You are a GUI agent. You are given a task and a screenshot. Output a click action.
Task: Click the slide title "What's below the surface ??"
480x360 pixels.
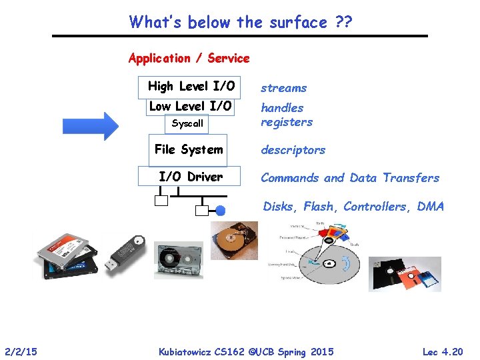(241, 22)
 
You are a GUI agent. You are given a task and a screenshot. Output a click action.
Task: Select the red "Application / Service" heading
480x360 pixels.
(189, 58)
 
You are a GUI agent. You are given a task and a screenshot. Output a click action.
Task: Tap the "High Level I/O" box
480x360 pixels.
(191, 86)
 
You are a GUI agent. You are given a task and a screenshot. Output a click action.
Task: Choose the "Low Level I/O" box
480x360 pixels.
(191, 107)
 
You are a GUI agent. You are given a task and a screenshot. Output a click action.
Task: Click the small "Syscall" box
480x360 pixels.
(187, 124)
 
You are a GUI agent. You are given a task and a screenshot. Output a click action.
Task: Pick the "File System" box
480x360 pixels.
(189, 150)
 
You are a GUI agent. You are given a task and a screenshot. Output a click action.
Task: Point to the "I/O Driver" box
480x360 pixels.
(191, 177)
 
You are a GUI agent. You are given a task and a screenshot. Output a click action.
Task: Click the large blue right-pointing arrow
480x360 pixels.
(91, 125)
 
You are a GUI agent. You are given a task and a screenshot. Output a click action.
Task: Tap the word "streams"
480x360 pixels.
(283, 88)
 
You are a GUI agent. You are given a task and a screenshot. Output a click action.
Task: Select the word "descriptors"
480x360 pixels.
(293, 150)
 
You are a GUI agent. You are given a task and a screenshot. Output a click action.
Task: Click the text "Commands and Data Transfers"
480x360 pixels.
(350, 178)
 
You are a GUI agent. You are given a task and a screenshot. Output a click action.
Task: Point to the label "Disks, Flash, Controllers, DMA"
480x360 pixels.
(353, 207)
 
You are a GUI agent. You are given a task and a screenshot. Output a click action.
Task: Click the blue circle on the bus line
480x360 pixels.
(221, 211)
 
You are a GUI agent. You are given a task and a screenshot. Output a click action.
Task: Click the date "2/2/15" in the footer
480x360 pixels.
(21, 351)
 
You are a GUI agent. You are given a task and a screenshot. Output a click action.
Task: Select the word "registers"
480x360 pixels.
(287, 122)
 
